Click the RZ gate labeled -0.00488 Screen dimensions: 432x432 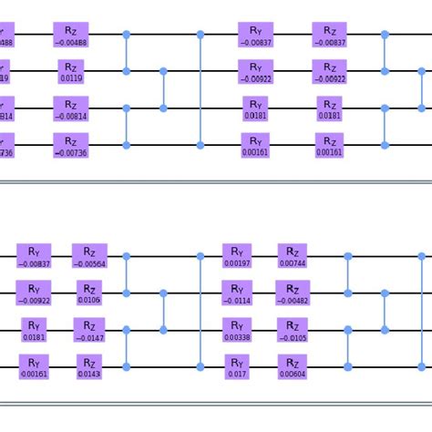[x=71, y=36]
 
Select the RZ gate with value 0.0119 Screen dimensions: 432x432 [x=71, y=70]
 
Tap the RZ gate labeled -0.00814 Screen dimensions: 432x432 [x=71, y=108]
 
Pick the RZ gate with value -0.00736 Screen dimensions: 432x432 [x=71, y=144]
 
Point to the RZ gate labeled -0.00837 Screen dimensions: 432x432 [x=329, y=36]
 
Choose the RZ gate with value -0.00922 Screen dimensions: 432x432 [x=329, y=70]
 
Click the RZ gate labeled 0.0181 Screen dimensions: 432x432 [x=329, y=108]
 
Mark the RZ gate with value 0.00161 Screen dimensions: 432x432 [x=329, y=144]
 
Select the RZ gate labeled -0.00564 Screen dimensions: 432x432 [x=89, y=256]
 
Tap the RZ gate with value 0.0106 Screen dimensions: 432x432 [x=89, y=293]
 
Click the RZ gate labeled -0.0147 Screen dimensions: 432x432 [x=89, y=329]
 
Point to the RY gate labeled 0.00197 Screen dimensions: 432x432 [x=236, y=256]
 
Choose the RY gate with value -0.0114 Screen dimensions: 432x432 [x=236, y=293]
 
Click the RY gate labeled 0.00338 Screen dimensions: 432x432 [x=236, y=329]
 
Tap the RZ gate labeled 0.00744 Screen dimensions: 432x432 [x=292, y=256]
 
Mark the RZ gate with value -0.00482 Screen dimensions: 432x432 [x=292, y=293]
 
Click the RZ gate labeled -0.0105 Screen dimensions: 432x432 [x=292, y=329]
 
